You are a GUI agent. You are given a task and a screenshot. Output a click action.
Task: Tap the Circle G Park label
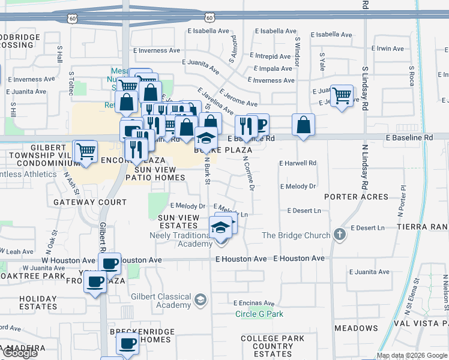pos(259,314)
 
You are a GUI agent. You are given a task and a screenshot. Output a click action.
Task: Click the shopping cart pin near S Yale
pos(342,95)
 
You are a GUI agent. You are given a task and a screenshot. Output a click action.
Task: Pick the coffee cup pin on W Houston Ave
pos(109,263)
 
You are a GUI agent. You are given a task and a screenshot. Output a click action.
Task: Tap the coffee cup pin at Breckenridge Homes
pos(127,343)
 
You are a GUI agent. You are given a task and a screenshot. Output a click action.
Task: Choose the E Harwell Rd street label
pos(297,163)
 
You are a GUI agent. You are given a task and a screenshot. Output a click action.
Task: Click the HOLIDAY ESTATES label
pos(29,302)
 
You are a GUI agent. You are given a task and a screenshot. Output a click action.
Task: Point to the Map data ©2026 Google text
pos(412,355)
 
